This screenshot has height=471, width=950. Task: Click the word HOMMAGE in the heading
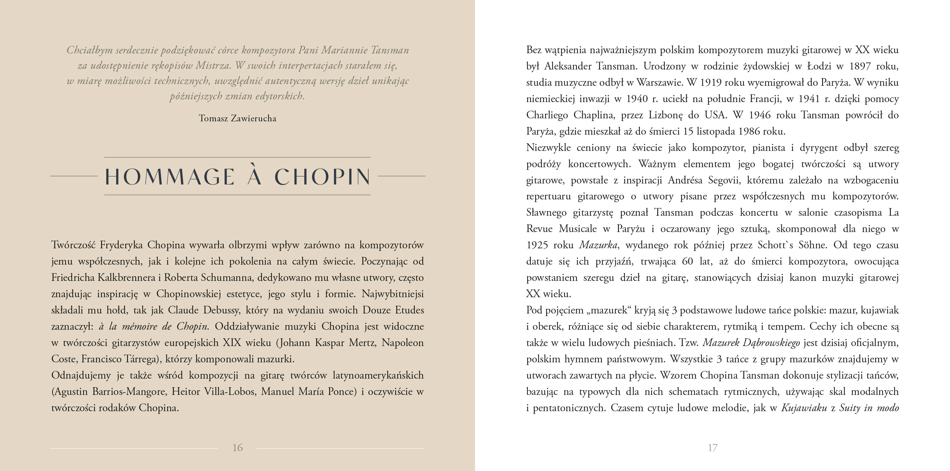[x=170, y=177]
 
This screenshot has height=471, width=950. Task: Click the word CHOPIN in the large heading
[x=322, y=177]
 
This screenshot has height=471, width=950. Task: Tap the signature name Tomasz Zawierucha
[x=237, y=118]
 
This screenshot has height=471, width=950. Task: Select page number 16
[x=237, y=448]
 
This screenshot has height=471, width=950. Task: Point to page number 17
[x=713, y=448]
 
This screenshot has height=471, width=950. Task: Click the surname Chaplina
[x=594, y=115]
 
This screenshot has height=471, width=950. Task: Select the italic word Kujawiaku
[x=804, y=408]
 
